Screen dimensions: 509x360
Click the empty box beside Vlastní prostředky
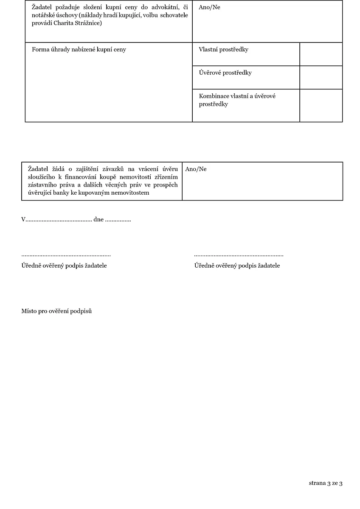pos(321,54)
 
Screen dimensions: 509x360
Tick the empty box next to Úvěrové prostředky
pos(321,78)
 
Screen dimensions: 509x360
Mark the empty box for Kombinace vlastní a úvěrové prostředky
pos(321,105)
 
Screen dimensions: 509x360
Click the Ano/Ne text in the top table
pos(209,7)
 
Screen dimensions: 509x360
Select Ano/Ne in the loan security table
pos(196,169)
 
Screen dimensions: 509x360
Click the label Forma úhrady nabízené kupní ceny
pos(79,50)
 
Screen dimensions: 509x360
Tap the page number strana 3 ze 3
pos(326,483)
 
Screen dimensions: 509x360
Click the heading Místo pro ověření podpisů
pos(56,311)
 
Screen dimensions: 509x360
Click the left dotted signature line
pos(66,256)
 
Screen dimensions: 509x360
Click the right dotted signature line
pos(239,256)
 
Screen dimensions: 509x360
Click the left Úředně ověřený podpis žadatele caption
pos(64,266)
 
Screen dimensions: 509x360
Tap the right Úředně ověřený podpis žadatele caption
pos(237,266)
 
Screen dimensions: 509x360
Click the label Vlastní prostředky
pos(223,50)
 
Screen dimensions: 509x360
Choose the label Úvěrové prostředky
pos(225,73)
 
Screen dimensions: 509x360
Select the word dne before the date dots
pos(98,220)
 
